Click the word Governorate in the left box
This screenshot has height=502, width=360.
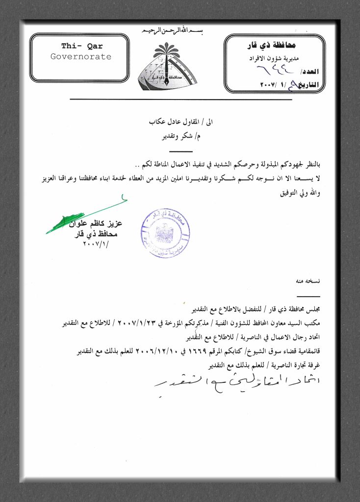81,57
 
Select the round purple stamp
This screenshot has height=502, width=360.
165,232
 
